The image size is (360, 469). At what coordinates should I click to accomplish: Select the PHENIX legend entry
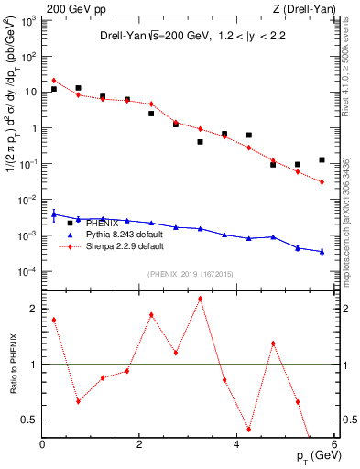click(102, 223)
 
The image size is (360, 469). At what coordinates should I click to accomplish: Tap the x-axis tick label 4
click(236, 444)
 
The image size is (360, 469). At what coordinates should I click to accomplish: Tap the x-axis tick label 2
click(139, 444)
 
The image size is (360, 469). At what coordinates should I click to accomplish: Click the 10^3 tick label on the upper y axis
click(27, 20)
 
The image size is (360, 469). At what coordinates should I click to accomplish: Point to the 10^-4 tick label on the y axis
click(27, 272)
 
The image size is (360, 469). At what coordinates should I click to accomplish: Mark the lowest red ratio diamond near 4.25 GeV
click(248, 429)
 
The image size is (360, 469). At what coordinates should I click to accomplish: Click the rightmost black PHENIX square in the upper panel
click(322, 159)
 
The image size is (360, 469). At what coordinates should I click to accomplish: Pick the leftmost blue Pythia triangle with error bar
click(54, 216)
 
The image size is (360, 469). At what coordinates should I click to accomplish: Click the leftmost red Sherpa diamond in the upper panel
click(54, 81)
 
